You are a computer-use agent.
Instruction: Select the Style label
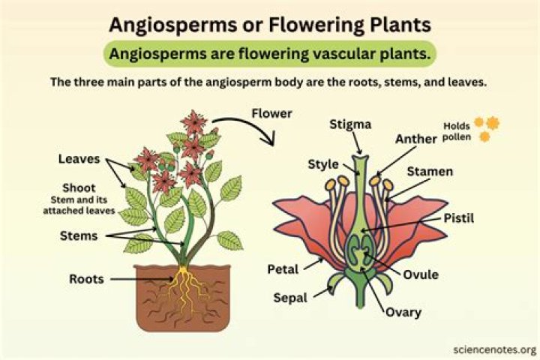[322, 164]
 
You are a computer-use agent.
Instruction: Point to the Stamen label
[430, 172]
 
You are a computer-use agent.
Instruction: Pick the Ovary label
[403, 312]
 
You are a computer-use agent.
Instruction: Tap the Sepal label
[290, 297]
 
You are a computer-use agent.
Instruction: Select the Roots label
[87, 278]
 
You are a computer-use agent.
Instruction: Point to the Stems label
[78, 236]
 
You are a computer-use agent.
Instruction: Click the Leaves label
[79, 159]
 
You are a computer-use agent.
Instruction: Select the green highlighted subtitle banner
[270, 54]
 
